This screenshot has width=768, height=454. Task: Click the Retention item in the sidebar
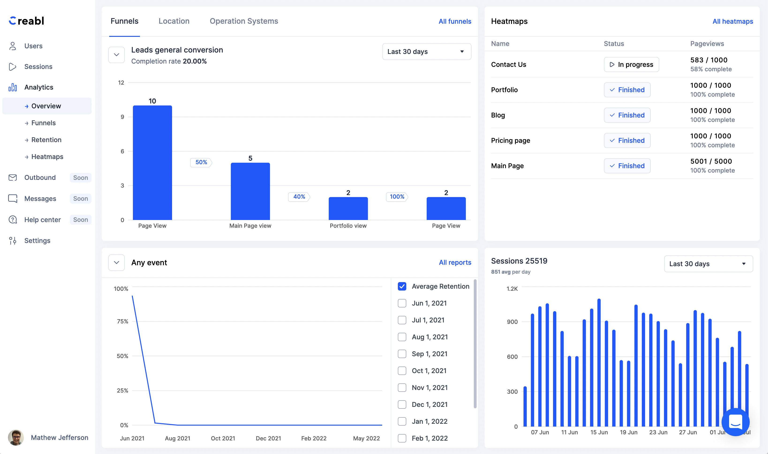[46, 140]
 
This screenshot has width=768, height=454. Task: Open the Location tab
[174, 21]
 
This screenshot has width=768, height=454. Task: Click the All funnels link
[455, 21]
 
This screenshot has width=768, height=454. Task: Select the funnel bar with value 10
[152, 163]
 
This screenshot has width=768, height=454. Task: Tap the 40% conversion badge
[299, 197]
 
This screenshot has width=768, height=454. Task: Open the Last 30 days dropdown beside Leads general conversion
[426, 52]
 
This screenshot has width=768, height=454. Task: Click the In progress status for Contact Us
[631, 64]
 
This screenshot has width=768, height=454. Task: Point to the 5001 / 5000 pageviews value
[711, 161]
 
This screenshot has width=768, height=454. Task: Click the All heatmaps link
[733, 21]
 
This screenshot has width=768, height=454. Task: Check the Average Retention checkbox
[402, 286]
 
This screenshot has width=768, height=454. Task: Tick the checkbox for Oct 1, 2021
[402, 371]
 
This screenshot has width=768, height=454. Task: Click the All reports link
[455, 262]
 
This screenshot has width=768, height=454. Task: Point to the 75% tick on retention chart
[122, 321]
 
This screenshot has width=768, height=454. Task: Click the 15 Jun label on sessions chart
[599, 432]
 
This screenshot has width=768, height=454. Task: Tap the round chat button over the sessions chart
[735, 422]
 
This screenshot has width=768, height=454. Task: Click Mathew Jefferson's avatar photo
[16, 438]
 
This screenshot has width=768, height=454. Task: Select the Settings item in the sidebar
[37, 241]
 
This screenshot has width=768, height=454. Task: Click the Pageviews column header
[707, 44]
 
